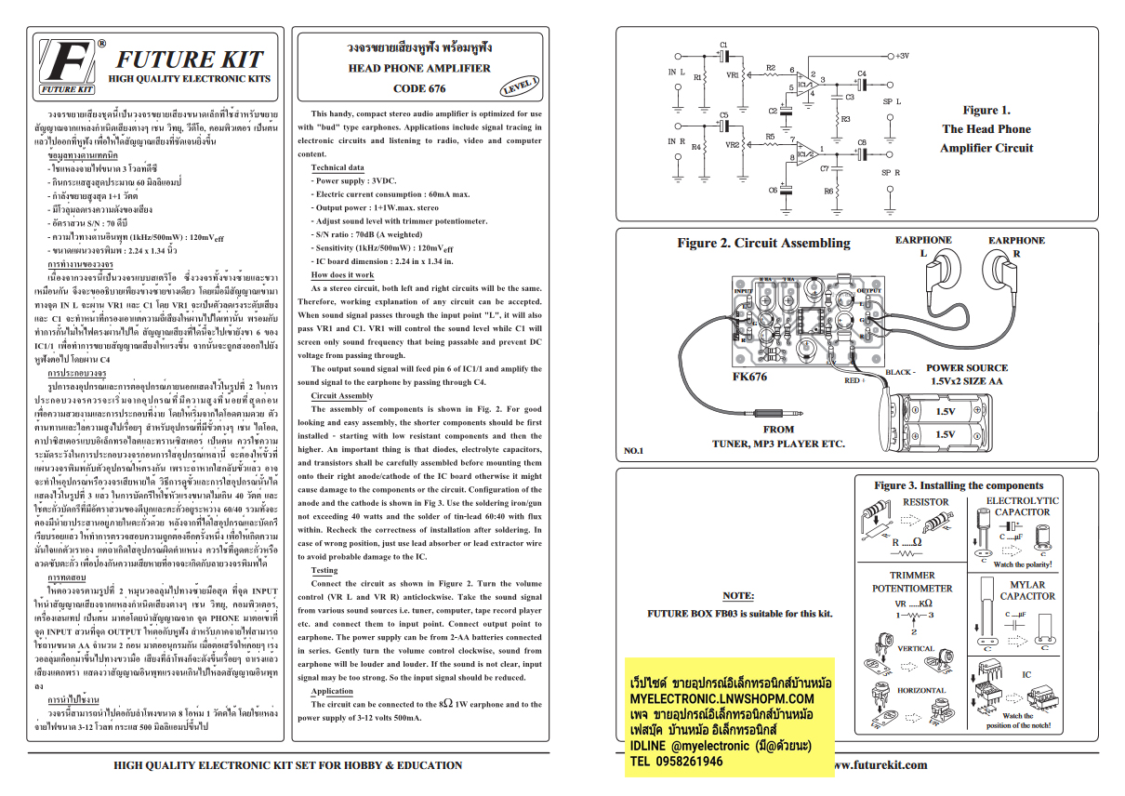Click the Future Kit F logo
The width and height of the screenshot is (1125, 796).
(x=67, y=66)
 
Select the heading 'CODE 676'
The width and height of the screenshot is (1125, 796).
(x=419, y=89)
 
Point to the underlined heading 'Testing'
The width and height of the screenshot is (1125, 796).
(x=324, y=570)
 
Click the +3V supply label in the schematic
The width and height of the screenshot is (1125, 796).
(x=907, y=56)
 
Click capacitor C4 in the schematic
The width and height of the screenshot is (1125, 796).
(x=862, y=81)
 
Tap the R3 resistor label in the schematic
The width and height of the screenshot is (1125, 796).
(x=845, y=119)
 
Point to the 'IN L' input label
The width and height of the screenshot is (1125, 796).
(x=676, y=72)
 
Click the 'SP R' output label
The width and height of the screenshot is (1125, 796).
(x=891, y=172)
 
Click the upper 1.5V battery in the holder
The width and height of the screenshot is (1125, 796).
(x=944, y=411)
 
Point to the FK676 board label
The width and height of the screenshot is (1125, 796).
(x=750, y=378)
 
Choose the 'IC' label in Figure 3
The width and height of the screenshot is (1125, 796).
(x=1026, y=674)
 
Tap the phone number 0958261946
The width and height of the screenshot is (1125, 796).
(x=677, y=761)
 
